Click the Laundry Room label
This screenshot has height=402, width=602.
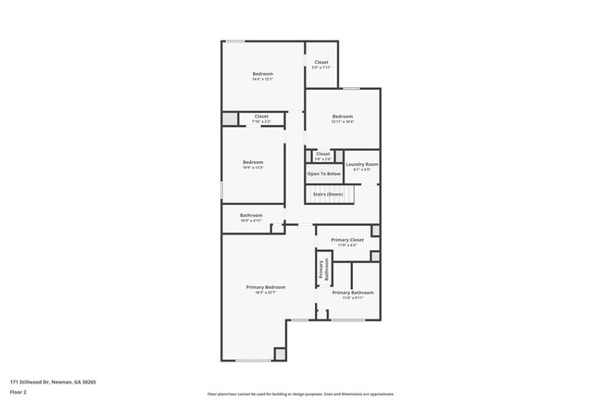tap(361, 164)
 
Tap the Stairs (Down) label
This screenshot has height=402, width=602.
tap(328, 194)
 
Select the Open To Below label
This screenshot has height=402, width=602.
tap(323, 173)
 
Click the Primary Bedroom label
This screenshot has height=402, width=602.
tap(265, 287)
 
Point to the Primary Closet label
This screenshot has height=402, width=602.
tap(347, 239)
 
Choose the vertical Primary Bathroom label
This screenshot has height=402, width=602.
tap(323, 268)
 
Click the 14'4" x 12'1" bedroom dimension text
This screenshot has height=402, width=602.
tap(262, 80)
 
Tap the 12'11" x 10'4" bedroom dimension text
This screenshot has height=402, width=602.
tap(343, 121)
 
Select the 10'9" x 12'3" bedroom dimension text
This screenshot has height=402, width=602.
tap(253, 168)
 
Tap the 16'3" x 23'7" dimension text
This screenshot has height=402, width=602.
tap(265, 293)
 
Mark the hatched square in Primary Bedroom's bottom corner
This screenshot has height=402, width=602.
tap(280, 354)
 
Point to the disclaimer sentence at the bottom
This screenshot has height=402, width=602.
tap(300, 394)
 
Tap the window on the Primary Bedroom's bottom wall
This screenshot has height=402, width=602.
tap(252, 360)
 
